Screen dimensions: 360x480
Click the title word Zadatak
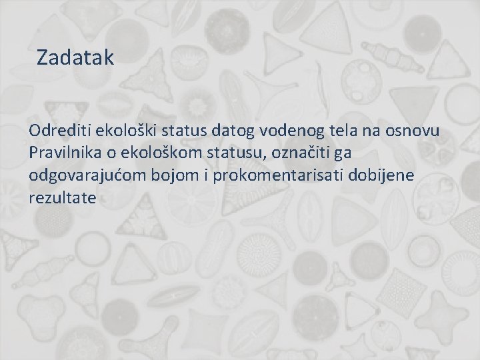pos(76,57)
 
